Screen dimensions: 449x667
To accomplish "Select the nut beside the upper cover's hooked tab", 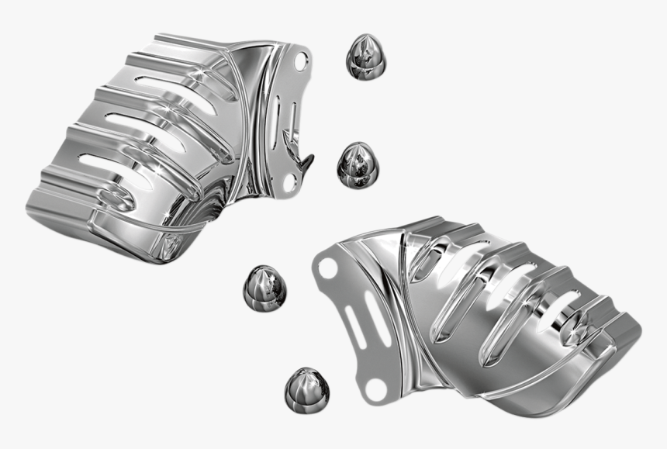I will (x=357, y=163).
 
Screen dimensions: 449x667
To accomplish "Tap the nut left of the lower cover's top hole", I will (x=264, y=285).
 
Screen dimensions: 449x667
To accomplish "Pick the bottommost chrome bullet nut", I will (x=306, y=389).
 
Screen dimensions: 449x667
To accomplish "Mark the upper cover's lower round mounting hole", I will (x=291, y=183).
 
